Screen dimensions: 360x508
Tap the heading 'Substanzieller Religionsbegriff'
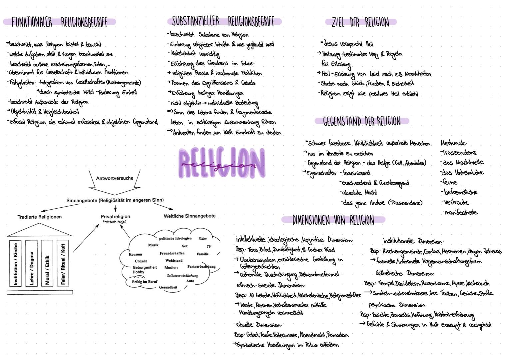[x=223, y=21]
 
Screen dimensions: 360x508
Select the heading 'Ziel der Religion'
[x=360, y=22]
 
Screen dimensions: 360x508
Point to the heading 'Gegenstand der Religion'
[x=362, y=121]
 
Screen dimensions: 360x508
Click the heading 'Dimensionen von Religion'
[x=333, y=220]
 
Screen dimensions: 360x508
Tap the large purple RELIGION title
[x=222, y=164]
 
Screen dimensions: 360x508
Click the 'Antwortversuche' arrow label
[x=115, y=178]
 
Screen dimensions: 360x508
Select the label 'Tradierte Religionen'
[x=40, y=217]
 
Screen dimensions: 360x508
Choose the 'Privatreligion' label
[x=115, y=217]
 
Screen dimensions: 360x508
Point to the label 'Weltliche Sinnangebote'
[x=190, y=216]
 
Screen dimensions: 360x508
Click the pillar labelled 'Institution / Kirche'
[x=15, y=264]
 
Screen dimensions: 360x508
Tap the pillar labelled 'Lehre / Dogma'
[x=32, y=264]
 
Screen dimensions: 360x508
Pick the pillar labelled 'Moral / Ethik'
[x=47, y=264]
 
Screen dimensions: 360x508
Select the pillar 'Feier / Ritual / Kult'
[x=63, y=264]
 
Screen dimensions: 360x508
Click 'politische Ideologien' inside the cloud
[x=175, y=238]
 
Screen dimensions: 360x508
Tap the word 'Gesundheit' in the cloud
[x=168, y=287]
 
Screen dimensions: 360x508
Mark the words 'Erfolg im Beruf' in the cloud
[x=145, y=282]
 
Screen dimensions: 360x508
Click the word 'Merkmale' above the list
[x=453, y=143]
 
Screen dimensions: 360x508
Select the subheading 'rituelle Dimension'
[x=258, y=325]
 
